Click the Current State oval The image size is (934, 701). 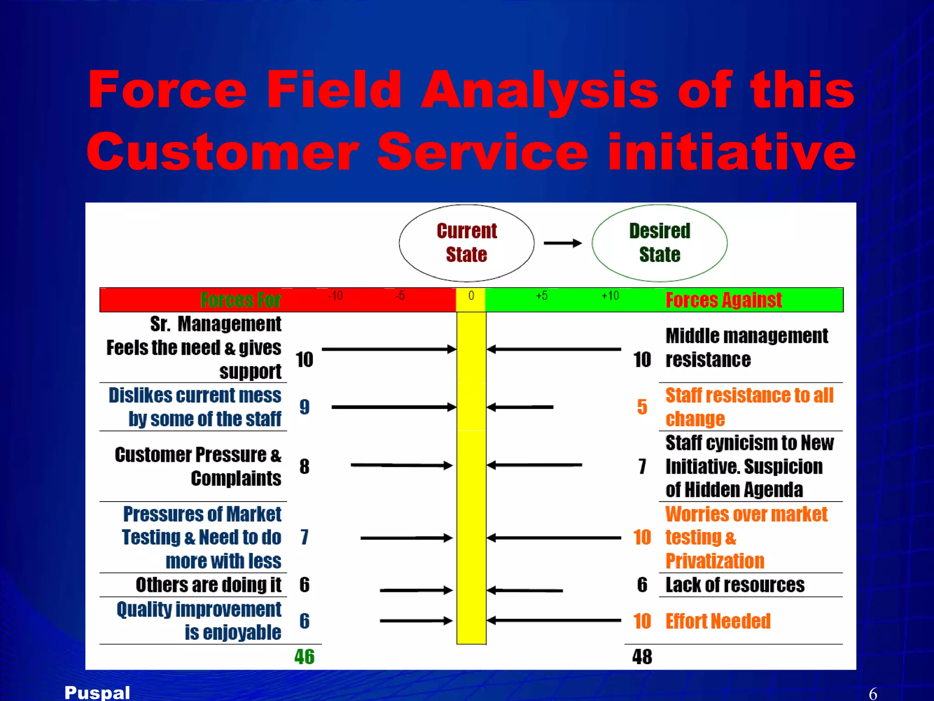click(467, 243)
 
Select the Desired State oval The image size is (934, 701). click(659, 243)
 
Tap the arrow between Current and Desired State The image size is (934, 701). click(563, 243)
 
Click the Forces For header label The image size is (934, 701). click(240, 300)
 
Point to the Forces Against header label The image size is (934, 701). click(724, 300)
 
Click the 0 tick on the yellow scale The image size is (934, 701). click(471, 296)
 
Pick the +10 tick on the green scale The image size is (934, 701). click(610, 296)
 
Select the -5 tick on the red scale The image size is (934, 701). click(400, 296)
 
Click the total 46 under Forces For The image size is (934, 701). click(304, 657)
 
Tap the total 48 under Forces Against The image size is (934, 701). click(642, 657)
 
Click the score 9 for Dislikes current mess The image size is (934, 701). click(304, 407)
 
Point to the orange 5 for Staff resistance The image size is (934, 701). click(642, 407)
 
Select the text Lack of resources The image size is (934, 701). click(735, 585)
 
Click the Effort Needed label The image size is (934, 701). click(718, 621)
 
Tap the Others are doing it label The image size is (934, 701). click(208, 585)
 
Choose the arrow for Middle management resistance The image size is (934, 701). click(554, 350)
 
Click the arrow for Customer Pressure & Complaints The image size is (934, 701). click(401, 466)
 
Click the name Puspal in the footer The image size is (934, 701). click(97, 692)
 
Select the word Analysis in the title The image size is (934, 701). click(540, 89)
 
